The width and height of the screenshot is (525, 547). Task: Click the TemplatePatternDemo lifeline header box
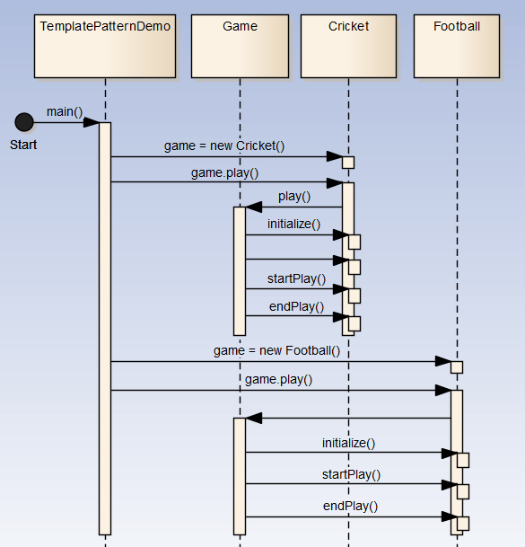tap(105, 46)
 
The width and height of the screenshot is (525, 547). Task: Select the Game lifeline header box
tap(240, 46)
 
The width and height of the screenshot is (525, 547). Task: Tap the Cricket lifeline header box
tap(348, 46)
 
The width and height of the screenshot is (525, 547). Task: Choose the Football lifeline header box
tap(457, 46)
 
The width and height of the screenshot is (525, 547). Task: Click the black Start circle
tap(24, 122)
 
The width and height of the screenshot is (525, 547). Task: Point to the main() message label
tap(65, 111)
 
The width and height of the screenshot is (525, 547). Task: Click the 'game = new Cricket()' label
tap(224, 146)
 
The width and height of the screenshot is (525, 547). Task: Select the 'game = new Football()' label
tap(276, 350)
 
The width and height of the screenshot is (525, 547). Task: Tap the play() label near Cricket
tap(294, 197)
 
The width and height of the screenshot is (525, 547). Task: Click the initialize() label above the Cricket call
tap(293, 224)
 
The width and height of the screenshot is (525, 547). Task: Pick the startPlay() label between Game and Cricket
tap(297, 278)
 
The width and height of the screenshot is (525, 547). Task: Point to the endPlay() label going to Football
tap(350, 506)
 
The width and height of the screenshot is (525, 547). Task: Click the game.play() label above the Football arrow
tap(278, 379)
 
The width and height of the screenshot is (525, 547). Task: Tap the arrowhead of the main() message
tap(92, 122)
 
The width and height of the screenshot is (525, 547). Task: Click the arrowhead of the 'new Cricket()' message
tap(335, 156)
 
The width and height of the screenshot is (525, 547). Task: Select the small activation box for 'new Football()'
tap(457, 367)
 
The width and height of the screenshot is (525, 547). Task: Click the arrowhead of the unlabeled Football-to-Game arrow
tap(254, 418)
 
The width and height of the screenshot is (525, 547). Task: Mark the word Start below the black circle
tap(23, 145)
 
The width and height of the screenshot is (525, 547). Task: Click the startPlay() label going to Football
tap(351, 474)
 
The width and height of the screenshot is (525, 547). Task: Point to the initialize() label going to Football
tap(348, 443)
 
